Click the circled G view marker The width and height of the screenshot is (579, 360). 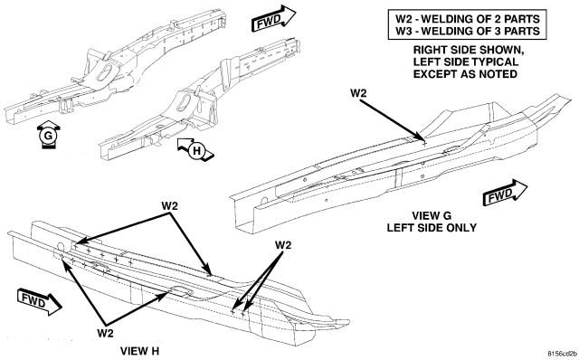click(48, 136)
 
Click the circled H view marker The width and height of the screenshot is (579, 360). click(196, 151)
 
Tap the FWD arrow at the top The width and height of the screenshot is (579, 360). click(273, 19)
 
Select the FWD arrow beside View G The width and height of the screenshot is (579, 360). click(505, 193)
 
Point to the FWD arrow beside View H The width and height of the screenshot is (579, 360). click(39, 302)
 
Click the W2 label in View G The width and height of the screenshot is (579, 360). click(358, 93)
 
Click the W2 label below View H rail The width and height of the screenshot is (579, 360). click(105, 333)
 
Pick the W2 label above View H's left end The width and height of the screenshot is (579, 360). click(169, 206)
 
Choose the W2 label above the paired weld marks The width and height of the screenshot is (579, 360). click(283, 245)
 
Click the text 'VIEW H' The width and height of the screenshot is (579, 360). click(139, 351)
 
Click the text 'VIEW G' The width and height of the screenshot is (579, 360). click(432, 215)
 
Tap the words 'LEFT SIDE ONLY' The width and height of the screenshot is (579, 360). click(432, 227)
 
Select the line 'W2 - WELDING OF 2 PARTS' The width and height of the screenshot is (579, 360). click(468, 18)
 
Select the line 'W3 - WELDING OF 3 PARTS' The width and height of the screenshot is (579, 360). click(468, 31)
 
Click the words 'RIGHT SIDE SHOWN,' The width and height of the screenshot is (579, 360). click(469, 50)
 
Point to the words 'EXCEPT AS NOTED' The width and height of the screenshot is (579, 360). click(465, 74)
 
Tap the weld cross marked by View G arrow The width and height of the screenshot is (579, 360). click(424, 142)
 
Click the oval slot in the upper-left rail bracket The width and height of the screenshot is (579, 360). click(105, 71)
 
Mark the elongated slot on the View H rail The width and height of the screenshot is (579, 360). click(181, 290)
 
